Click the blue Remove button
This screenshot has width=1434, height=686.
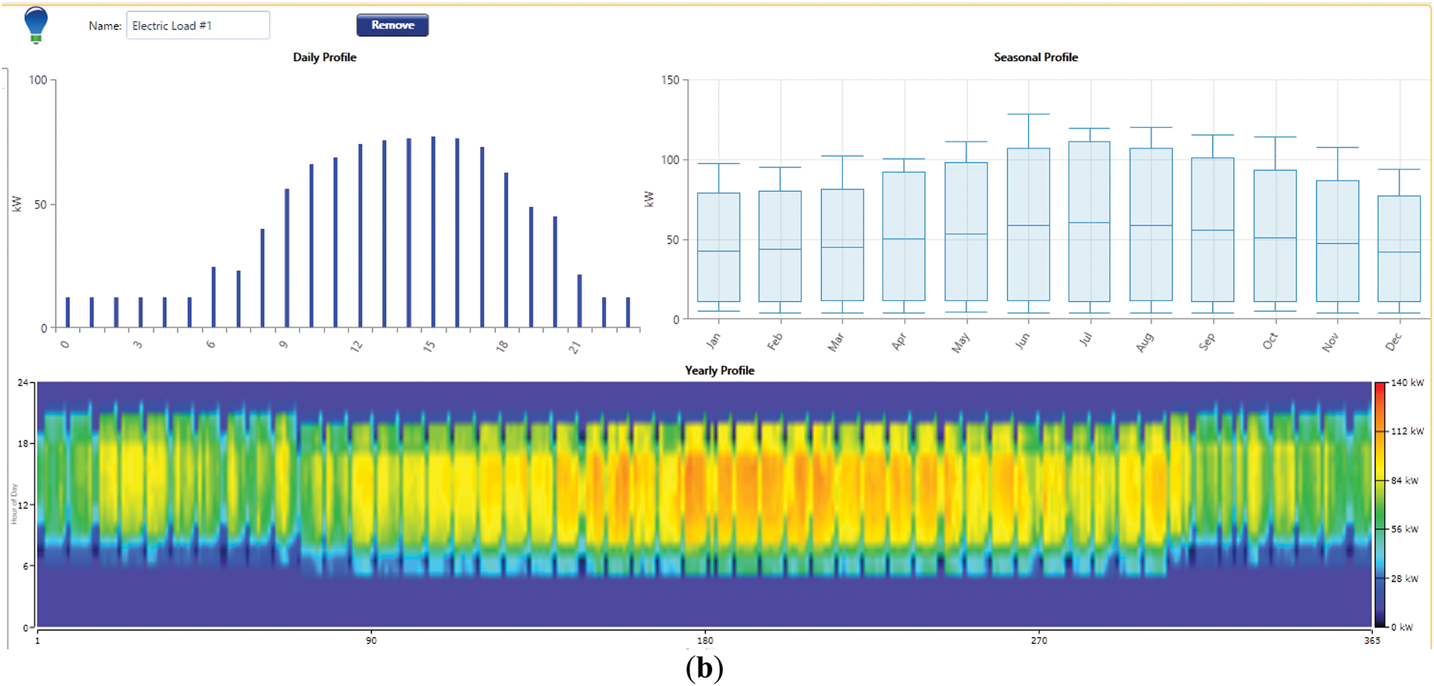pos(392,25)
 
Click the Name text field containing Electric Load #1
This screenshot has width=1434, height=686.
pos(197,26)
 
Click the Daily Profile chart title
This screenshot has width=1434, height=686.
pos(324,57)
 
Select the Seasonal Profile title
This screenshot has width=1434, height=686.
pos(1035,57)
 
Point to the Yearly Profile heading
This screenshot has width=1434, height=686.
pos(719,370)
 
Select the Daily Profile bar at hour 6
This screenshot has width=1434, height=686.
pos(214,297)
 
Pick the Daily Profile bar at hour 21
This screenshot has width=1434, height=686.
pos(580,301)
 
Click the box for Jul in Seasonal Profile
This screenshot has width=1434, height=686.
pos(1089,221)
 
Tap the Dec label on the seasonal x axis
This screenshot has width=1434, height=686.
pos(1393,342)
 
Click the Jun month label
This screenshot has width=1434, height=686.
pos(1021,341)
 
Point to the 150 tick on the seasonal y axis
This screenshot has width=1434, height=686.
pos(669,80)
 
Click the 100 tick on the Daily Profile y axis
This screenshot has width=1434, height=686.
pos(38,80)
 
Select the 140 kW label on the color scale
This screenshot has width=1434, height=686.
pos(1407,383)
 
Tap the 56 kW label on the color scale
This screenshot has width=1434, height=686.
pos(1405,529)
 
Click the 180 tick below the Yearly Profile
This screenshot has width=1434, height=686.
pos(705,641)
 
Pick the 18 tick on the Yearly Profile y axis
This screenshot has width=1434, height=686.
pos(23,444)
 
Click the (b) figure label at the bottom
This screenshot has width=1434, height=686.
pos(705,668)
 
